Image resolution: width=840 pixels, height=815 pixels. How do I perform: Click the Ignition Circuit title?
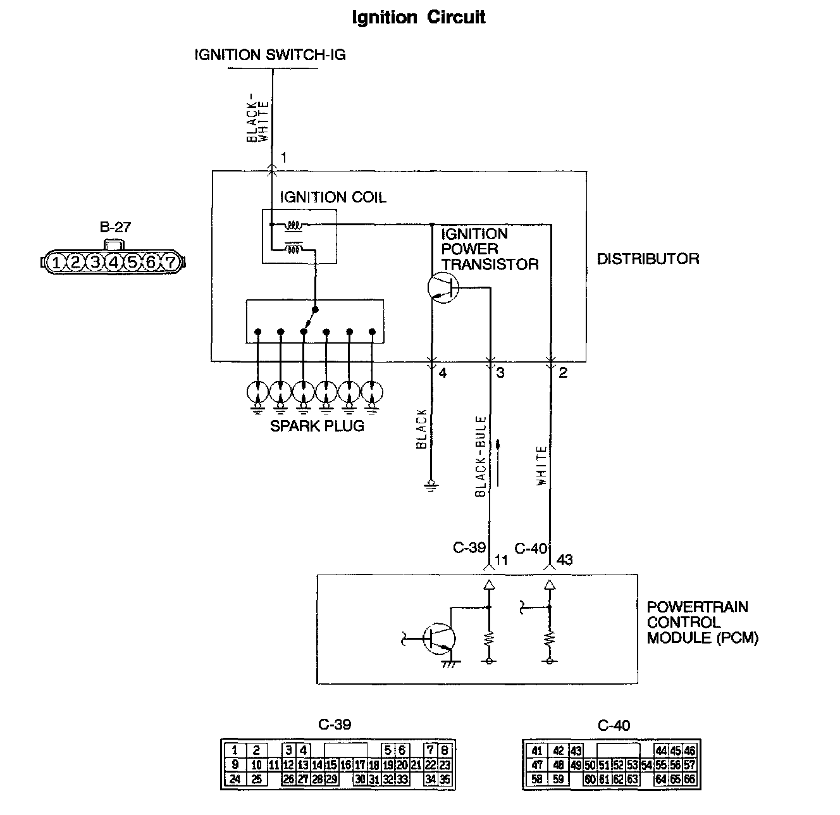click(419, 17)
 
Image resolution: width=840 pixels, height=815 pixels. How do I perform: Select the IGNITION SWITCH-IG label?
click(270, 54)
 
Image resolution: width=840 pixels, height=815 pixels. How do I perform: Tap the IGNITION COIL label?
click(333, 197)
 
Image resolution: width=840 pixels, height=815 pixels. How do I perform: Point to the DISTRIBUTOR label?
click(648, 259)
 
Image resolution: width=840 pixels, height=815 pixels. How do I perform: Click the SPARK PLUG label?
click(317, 426)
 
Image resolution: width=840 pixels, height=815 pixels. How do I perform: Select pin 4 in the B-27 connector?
click(114, 262)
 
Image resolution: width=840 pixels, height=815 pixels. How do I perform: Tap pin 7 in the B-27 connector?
click(170, 262)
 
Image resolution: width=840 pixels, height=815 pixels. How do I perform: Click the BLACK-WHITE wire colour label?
click(258, 121)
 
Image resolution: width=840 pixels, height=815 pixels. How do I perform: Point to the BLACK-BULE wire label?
click(481, 456)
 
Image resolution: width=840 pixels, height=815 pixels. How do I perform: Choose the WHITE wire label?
click(541, 466)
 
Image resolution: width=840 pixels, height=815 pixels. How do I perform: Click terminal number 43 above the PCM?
click(564, 559)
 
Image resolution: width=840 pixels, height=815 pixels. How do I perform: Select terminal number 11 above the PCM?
click(501, 559)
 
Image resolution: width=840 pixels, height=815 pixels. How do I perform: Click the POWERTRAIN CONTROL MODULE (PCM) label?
click(702, 622)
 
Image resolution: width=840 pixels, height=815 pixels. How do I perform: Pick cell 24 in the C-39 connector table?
click(235, 779)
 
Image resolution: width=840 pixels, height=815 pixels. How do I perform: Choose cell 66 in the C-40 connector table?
click(689, 779)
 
